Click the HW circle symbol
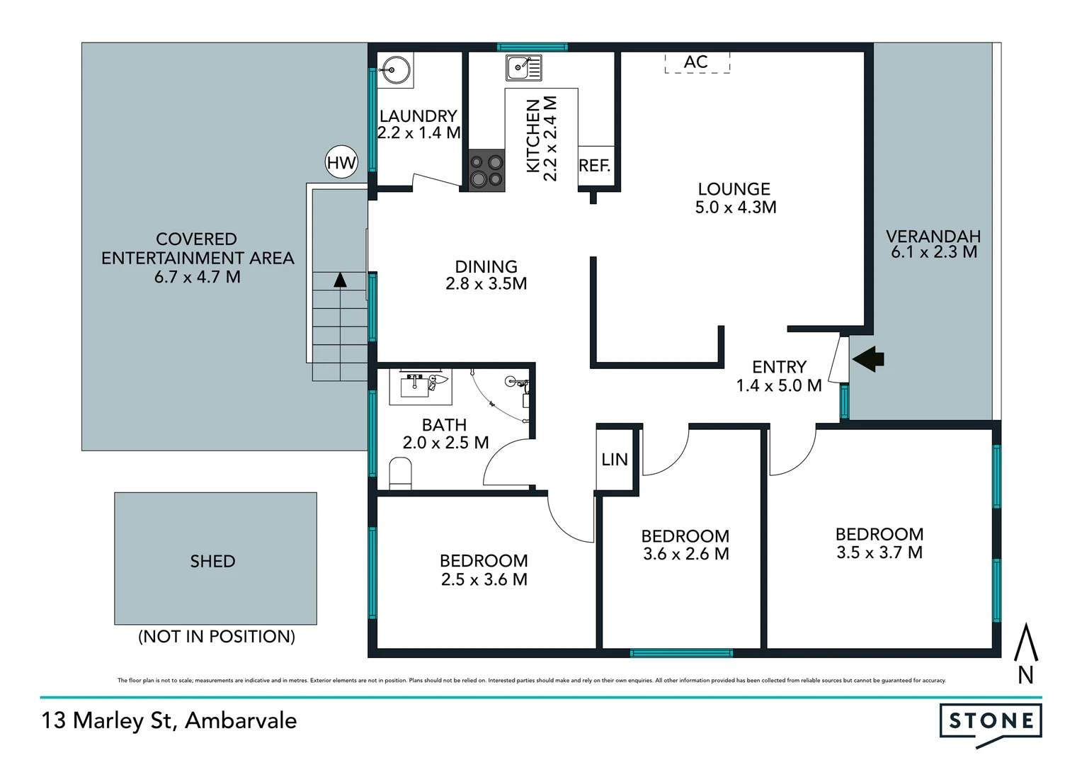pyautogui.click(x=341, y=163)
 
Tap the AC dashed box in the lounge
pyautogui.click(x=697, y=62)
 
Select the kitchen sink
pyautogui.click(x=523, y=68)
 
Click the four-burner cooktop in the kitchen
pyautogui.click(x=487, y=171)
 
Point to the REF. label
pyautogui.click(x=594, y=166)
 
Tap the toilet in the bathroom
pyautogui.click(x=401, y=473)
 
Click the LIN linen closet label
pyautogui.click(x=615, y=460)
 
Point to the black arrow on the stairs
pyautogui.click(x=340, y=280)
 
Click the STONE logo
pyautogui.click(x=991, y=722)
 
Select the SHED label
pyautogui.click(x=212, y=561)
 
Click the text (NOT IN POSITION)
pyautogui.click(x=217, y=636)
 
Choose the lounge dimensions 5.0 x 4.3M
pyautogui.click(x=736, y=208)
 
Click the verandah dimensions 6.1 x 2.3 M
pyautogui.click(x=933, y=252)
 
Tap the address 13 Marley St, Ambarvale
pyautogui.click(x=169, y=720)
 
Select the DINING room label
pyautogui.click(x=486, y=266)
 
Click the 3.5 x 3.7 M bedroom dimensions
pyautogui.click(x=879, y=552)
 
